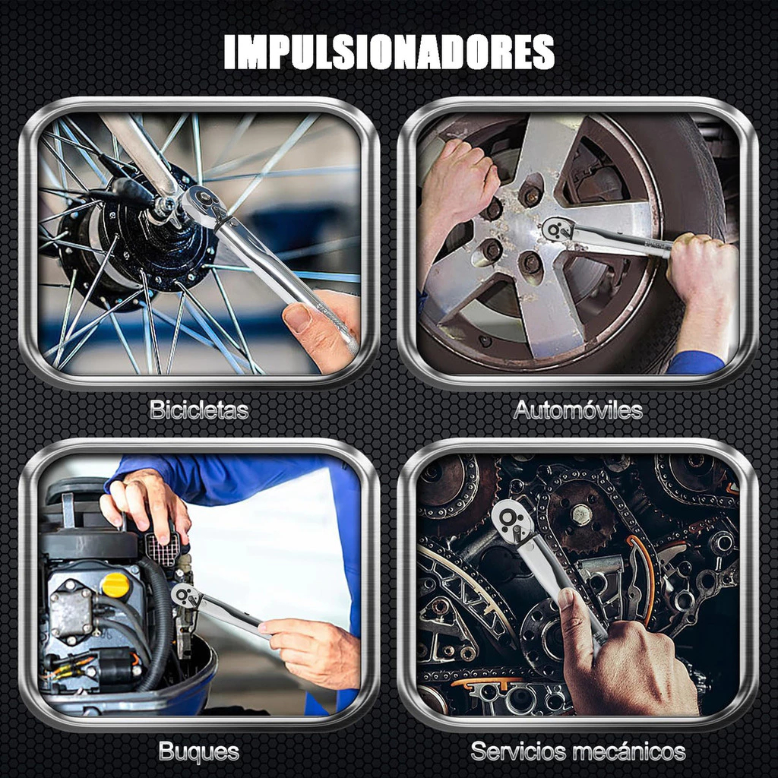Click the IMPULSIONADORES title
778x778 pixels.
389,52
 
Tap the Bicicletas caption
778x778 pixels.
199,410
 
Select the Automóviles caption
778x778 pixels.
578,410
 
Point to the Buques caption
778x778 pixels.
199,752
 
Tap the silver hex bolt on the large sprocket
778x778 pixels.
581,514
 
